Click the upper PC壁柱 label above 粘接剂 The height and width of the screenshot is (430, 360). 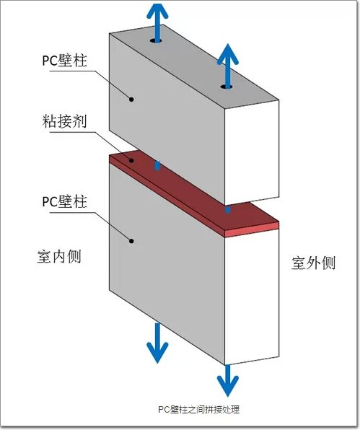coord(64,61)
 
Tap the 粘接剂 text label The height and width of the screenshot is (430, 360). coord(64,121)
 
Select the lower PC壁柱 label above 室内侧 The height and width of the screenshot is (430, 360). coord(64,201)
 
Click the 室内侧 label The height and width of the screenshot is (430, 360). coord(59,257)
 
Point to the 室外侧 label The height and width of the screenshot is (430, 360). coord(313,263)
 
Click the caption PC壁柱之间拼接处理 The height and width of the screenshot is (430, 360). coord(199,409)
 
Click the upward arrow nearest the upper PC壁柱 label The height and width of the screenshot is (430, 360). coord(157,23)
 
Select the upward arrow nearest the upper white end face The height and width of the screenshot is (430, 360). coord(227,66)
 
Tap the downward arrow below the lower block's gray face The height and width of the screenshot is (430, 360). coord(157,343)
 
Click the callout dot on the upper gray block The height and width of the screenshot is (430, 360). coord(131,100)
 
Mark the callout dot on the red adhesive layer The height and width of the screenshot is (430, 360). coord(131,160)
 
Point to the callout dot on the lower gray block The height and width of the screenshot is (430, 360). coord(131,241)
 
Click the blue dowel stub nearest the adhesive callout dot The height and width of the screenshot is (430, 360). coord(157,165)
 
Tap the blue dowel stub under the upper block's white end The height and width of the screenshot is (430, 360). coord(227,210)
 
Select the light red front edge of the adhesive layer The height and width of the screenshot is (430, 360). coord(252,230)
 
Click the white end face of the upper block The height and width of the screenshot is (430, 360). coord(252,152)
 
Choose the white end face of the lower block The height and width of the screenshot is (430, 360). coord(252,297)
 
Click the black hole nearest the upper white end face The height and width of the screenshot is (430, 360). coord(227,87)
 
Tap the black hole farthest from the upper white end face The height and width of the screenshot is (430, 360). coord(156,41)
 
